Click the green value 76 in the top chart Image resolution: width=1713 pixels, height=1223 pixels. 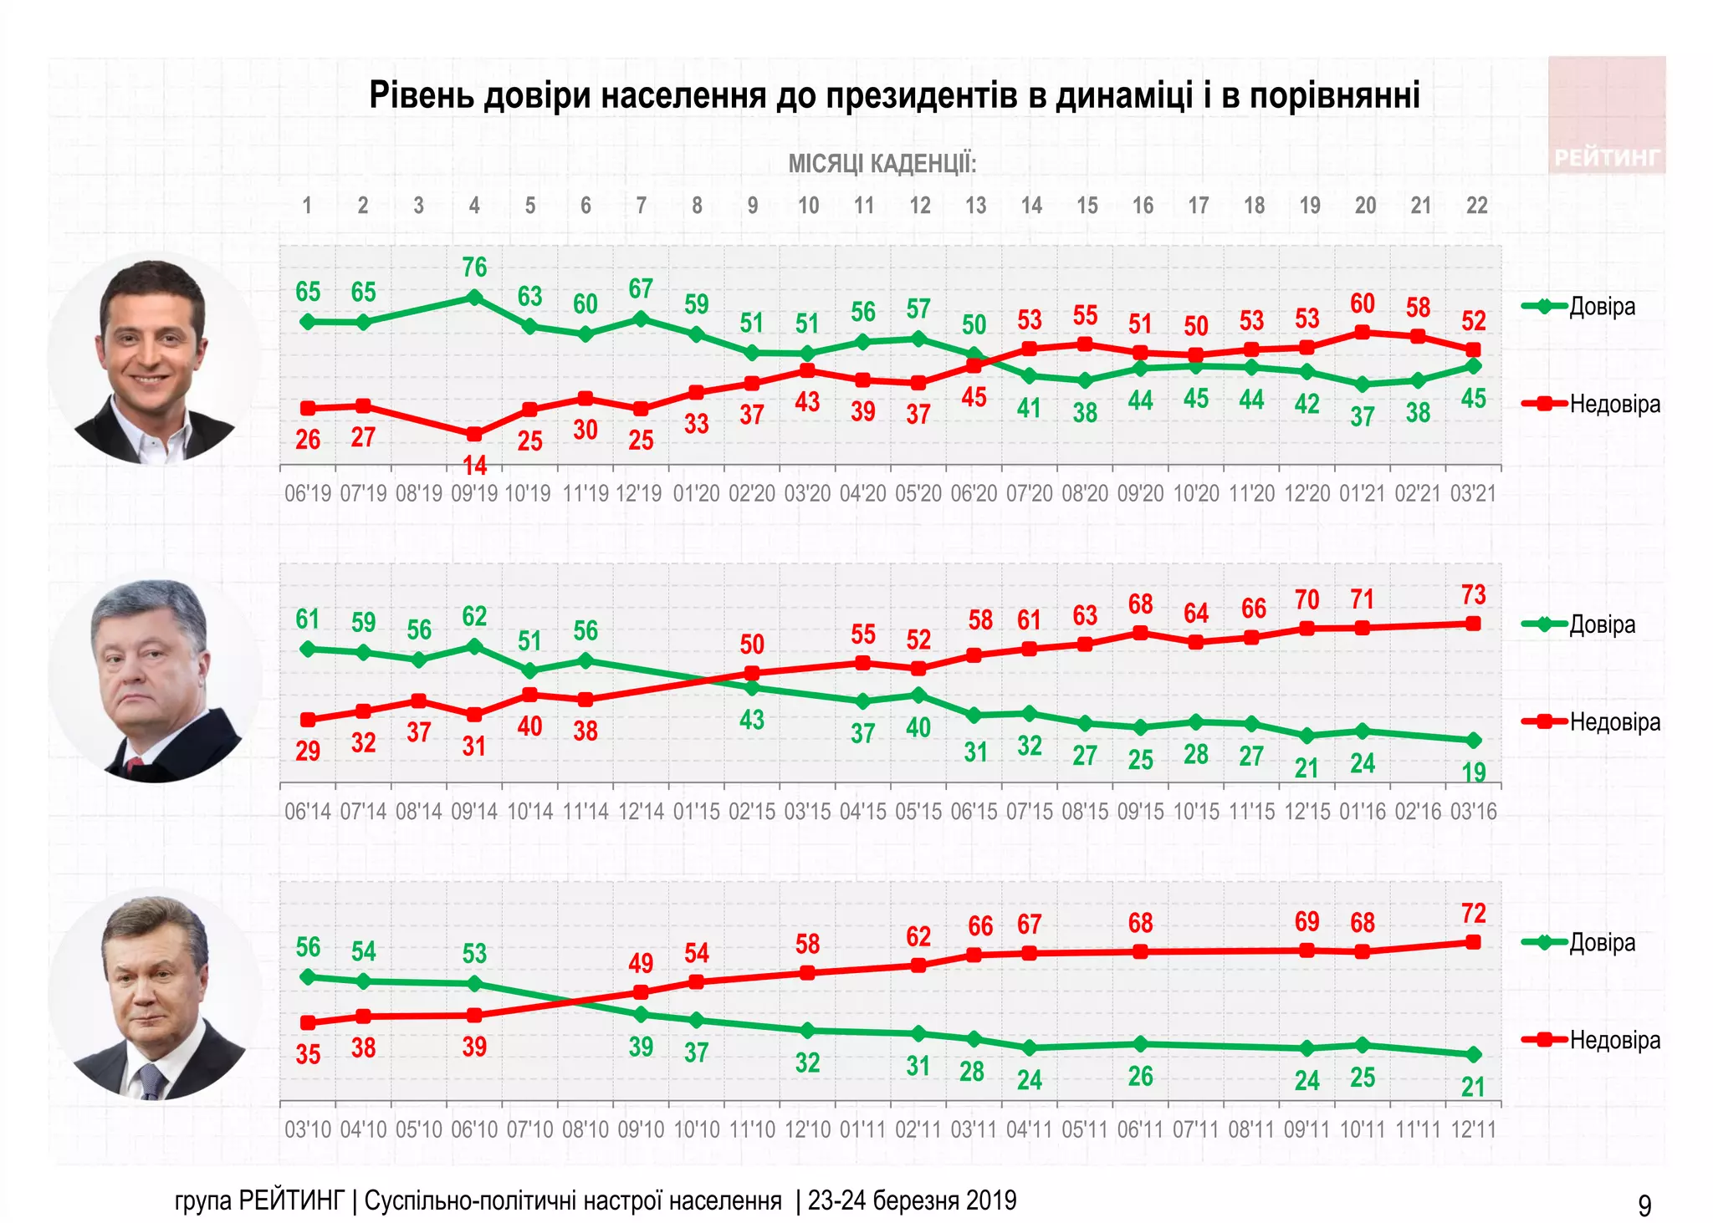point(474,268)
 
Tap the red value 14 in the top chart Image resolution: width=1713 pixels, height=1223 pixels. point(474,466)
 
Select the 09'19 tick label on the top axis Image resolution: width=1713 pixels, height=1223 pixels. point(474,493)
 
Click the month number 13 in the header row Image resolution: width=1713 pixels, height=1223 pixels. point(975,206)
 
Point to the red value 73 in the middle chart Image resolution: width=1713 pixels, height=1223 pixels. point(1473,595)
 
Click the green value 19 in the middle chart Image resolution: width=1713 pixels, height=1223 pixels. point(1473,772)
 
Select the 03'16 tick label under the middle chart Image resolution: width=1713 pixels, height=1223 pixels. point(1473,811)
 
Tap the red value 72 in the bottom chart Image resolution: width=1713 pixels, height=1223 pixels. point(1473,913)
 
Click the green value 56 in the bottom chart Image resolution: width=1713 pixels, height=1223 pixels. point(308,947)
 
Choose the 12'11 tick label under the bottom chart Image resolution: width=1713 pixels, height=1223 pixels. point(1473,1129)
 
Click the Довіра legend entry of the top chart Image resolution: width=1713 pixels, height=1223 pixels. point(1601,307)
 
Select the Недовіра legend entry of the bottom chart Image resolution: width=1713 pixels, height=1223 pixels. point(1613,1040)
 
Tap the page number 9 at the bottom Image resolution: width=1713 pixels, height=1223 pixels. point(1644,1205)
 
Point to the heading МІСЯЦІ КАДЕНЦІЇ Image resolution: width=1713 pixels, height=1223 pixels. point(882,164)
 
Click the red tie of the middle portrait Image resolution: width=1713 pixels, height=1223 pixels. point(133,763)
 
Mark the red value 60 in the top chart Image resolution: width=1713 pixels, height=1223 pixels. point(1362,303)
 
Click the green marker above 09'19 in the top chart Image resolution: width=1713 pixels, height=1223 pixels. point(474,297)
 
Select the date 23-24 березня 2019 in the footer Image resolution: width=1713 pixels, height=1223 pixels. point(912,1200)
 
